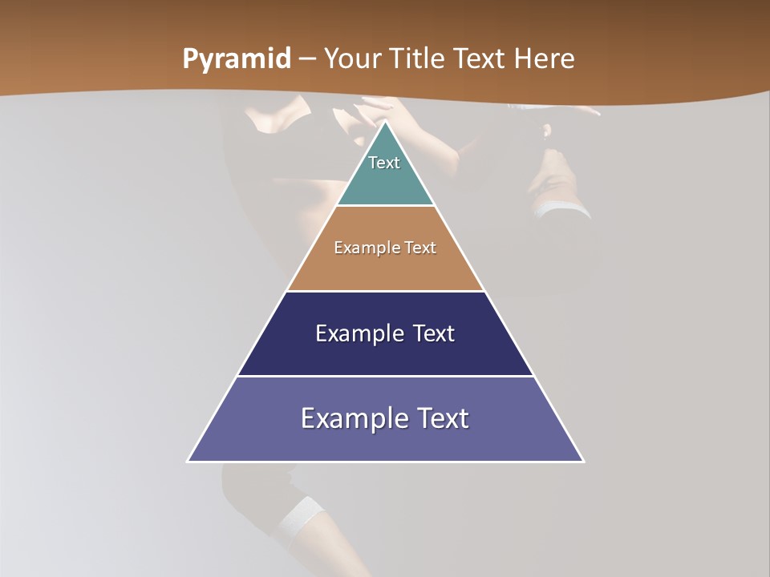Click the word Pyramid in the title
pyautogui.click(x=237, y=59)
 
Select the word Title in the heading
pyautogui.click(x=418, y=59)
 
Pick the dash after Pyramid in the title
pyautogui.click(x=307, y=59)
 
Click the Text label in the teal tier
pyautogui.click(x=384, y=163)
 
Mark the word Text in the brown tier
pyautogui.click(x=420, y=248)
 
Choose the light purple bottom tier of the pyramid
pyautogui.click(x=385, y=441)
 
